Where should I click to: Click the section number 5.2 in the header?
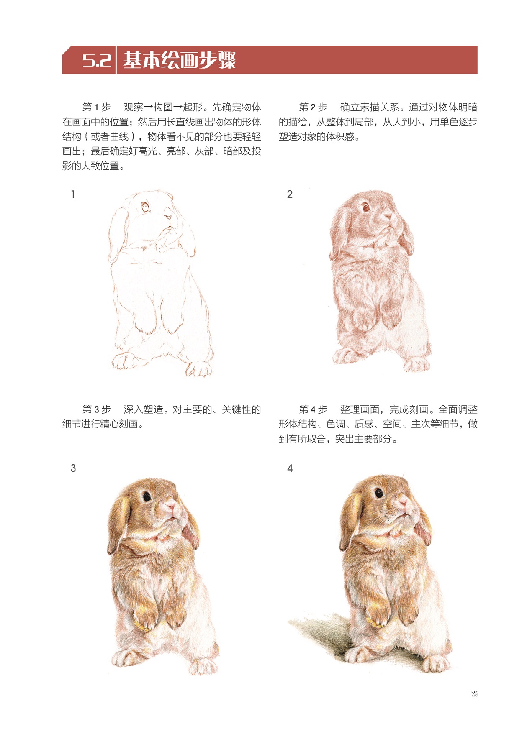[x=97, y=61]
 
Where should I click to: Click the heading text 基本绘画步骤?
[x=180, y=60]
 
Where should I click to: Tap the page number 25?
[x=475, y=693]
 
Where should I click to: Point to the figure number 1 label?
[x=73, y=194]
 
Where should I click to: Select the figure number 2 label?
[x=290, y=194]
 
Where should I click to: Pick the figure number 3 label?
[x=73, y=468]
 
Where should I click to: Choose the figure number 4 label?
[x=290, y=468]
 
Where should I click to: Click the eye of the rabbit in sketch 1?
[x=145, y=207]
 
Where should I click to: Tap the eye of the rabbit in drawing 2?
[x=365, y=207]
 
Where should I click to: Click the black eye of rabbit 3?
[x=147, y=496]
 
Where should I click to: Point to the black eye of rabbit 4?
[x=379, y=493]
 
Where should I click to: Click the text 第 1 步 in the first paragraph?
[x=96, y=107]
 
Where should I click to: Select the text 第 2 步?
[x=313, y=107]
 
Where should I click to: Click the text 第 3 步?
[x=96, y=409]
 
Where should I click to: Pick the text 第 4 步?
[x=313, y=409]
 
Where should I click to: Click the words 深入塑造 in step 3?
[x=143, y=409]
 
